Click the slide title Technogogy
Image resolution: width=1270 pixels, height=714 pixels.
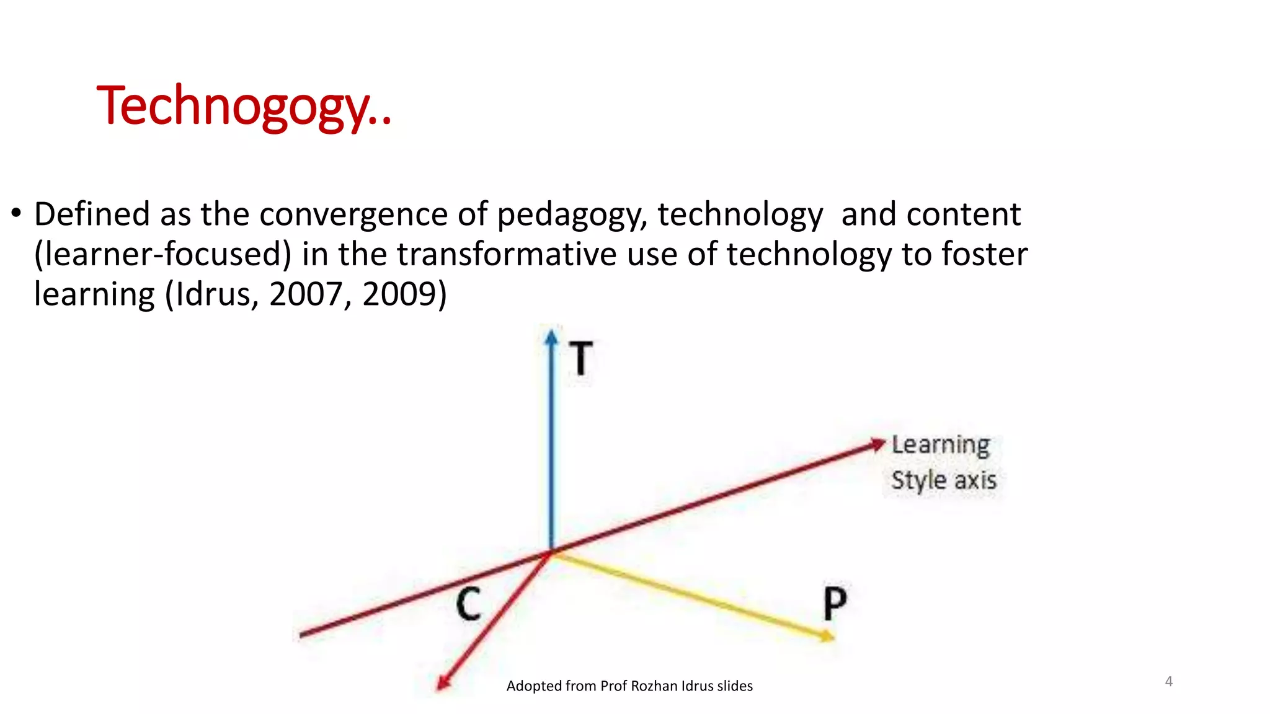244,106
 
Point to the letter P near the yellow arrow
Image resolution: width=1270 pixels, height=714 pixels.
835,602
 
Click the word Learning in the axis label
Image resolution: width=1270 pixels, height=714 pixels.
940,445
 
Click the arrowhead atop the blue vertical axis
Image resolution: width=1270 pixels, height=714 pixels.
551,337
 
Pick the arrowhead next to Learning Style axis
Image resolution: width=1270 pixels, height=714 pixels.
877,444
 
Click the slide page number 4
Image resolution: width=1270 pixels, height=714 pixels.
1168,681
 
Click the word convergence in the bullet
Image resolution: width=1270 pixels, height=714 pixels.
353,214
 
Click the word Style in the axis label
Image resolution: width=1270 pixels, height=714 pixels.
918,481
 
